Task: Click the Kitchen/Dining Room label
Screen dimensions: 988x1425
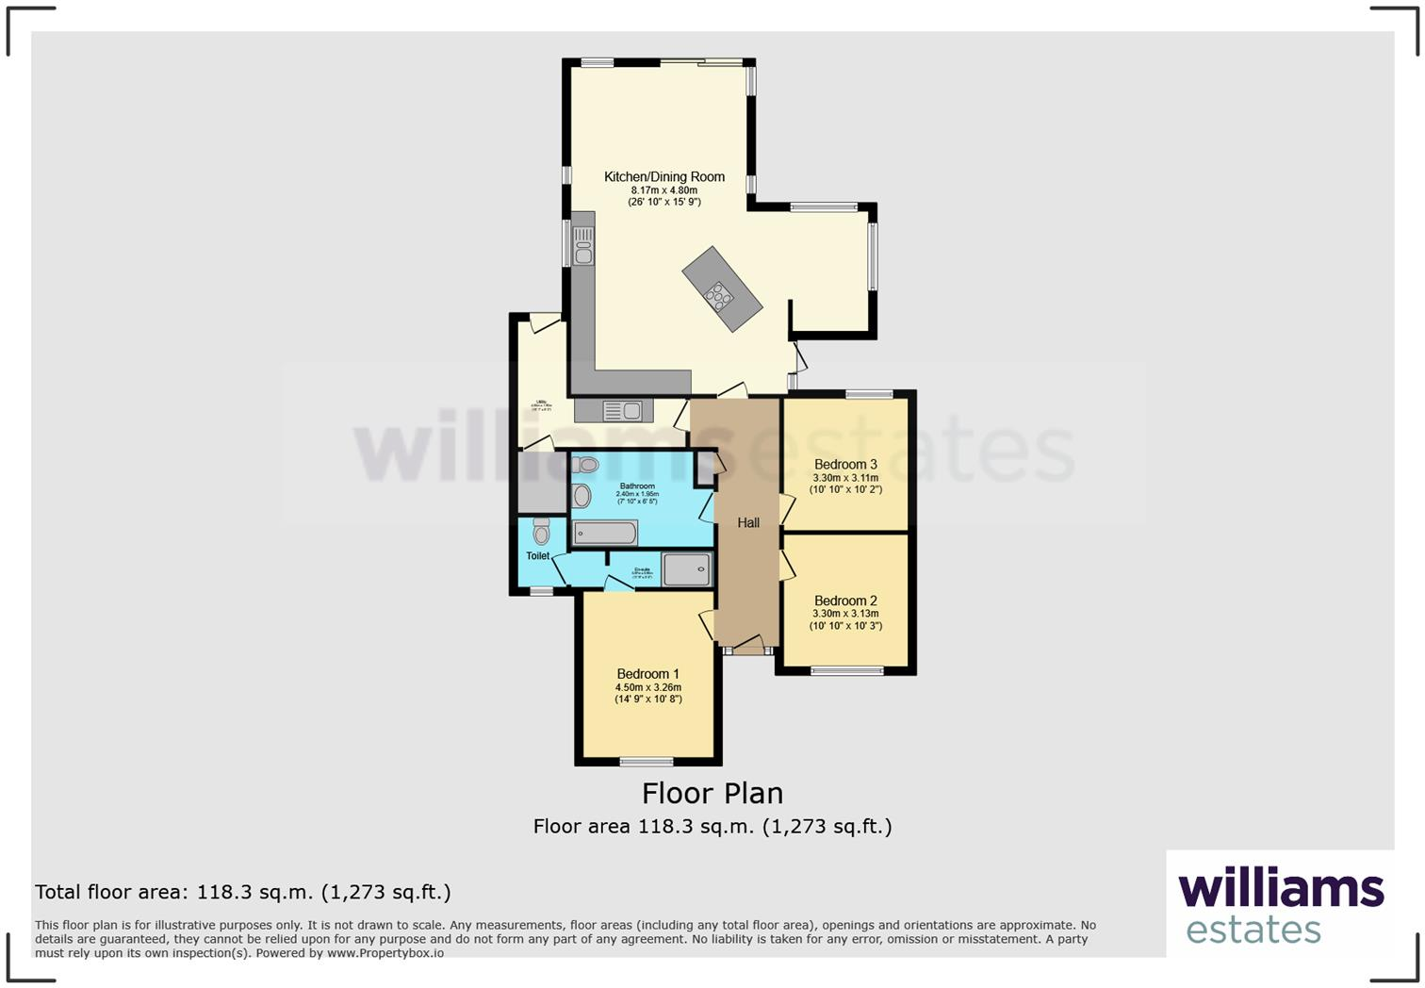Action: pyautogui.click(x=664, y=176)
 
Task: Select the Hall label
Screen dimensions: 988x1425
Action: pyautogui.click(x=748, y=522)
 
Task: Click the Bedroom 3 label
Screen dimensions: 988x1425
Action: pyautogui.click(x=845, y=464)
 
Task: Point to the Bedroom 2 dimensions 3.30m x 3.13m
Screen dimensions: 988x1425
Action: pyautogui.click(x=845, y=614)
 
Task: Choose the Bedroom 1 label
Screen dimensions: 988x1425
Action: pyautogui.click(x=648, y=673)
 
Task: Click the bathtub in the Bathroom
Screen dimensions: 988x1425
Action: pyautogui.click(x=605, y=534)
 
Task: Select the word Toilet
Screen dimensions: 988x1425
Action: pyautogui.click(x=538, y=556)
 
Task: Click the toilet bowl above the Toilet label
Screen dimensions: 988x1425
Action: pyautogui.click(x=541, y=533)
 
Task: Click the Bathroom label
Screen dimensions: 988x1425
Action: pyautogui.click(x=637, y=486)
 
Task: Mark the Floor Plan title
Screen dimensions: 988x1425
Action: pyautogui.click(x=712, y=793)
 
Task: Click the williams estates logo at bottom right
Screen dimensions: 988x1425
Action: pyautogui.click(x=1281, y=905)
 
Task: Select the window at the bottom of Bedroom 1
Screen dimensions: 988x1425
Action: pyautogui.click(x=647, y=761)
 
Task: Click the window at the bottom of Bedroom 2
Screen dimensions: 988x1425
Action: pyautogui.click(x=847, y=671)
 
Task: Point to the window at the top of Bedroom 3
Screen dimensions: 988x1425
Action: pyautogui.click(x=869, y=394)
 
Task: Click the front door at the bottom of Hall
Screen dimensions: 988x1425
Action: pyautogui.click(x=747, y=649)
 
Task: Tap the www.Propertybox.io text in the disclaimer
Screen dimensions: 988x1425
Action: pyautogui.click(x=385, y=953)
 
